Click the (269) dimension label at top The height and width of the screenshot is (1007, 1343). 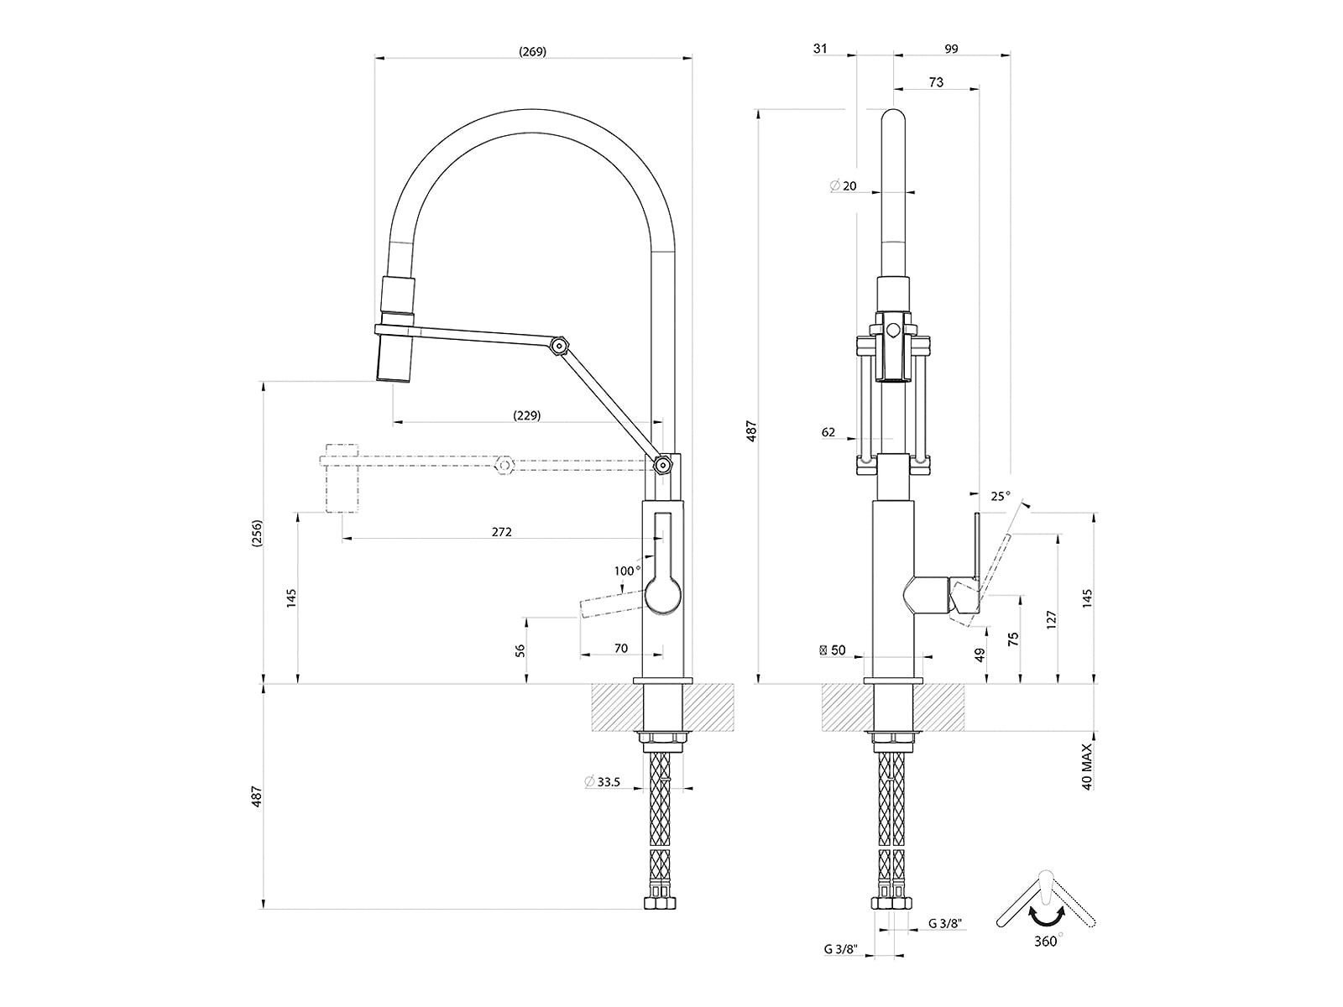click(532, 52)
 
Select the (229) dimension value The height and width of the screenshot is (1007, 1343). click(527, 415)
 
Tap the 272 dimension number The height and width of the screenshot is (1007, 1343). click(502, 532)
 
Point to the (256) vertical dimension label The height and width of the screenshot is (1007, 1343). click(257, 533)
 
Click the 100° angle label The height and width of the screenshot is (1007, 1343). click(625, 571)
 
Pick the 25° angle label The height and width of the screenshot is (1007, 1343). click(1001, 497)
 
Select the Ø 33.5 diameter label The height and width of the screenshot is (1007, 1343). click(603, 781)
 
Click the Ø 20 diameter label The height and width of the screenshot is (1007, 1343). click(843, 185)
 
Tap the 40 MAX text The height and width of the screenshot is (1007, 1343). click(1087, 767)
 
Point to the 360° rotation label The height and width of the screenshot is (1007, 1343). click(1048, 942)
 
